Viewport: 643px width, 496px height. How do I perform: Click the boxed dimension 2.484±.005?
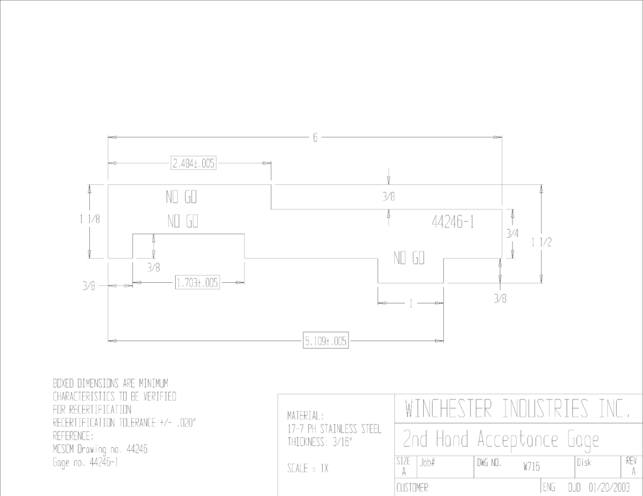point(193,163)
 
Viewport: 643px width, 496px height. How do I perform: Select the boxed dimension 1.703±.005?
point(197,283)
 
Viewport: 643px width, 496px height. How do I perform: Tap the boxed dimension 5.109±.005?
point(326,340)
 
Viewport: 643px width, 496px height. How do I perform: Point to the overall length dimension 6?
point(315,137)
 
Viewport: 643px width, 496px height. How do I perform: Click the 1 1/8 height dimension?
point(90,219)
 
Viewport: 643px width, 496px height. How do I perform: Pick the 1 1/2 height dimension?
point(541,242)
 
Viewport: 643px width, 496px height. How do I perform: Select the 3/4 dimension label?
point(512,233)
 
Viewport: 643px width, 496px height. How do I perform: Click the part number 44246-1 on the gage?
point(453,222)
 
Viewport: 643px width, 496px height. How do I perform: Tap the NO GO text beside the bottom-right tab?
point(409,258)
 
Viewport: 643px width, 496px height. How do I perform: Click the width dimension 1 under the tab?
point(411,303)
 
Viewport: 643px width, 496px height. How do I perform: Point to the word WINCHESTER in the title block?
point(448,408)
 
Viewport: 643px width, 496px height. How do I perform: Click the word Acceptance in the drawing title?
point(517,440)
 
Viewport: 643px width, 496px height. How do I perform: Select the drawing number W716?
point(531,467)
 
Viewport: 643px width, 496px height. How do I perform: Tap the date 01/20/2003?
point(609,487)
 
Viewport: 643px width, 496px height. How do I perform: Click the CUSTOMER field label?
point(412,487)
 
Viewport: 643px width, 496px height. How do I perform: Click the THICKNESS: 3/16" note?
point(320,442)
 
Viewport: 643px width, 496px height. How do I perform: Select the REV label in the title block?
point(632,462)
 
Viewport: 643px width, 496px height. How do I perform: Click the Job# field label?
point(427,463)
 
